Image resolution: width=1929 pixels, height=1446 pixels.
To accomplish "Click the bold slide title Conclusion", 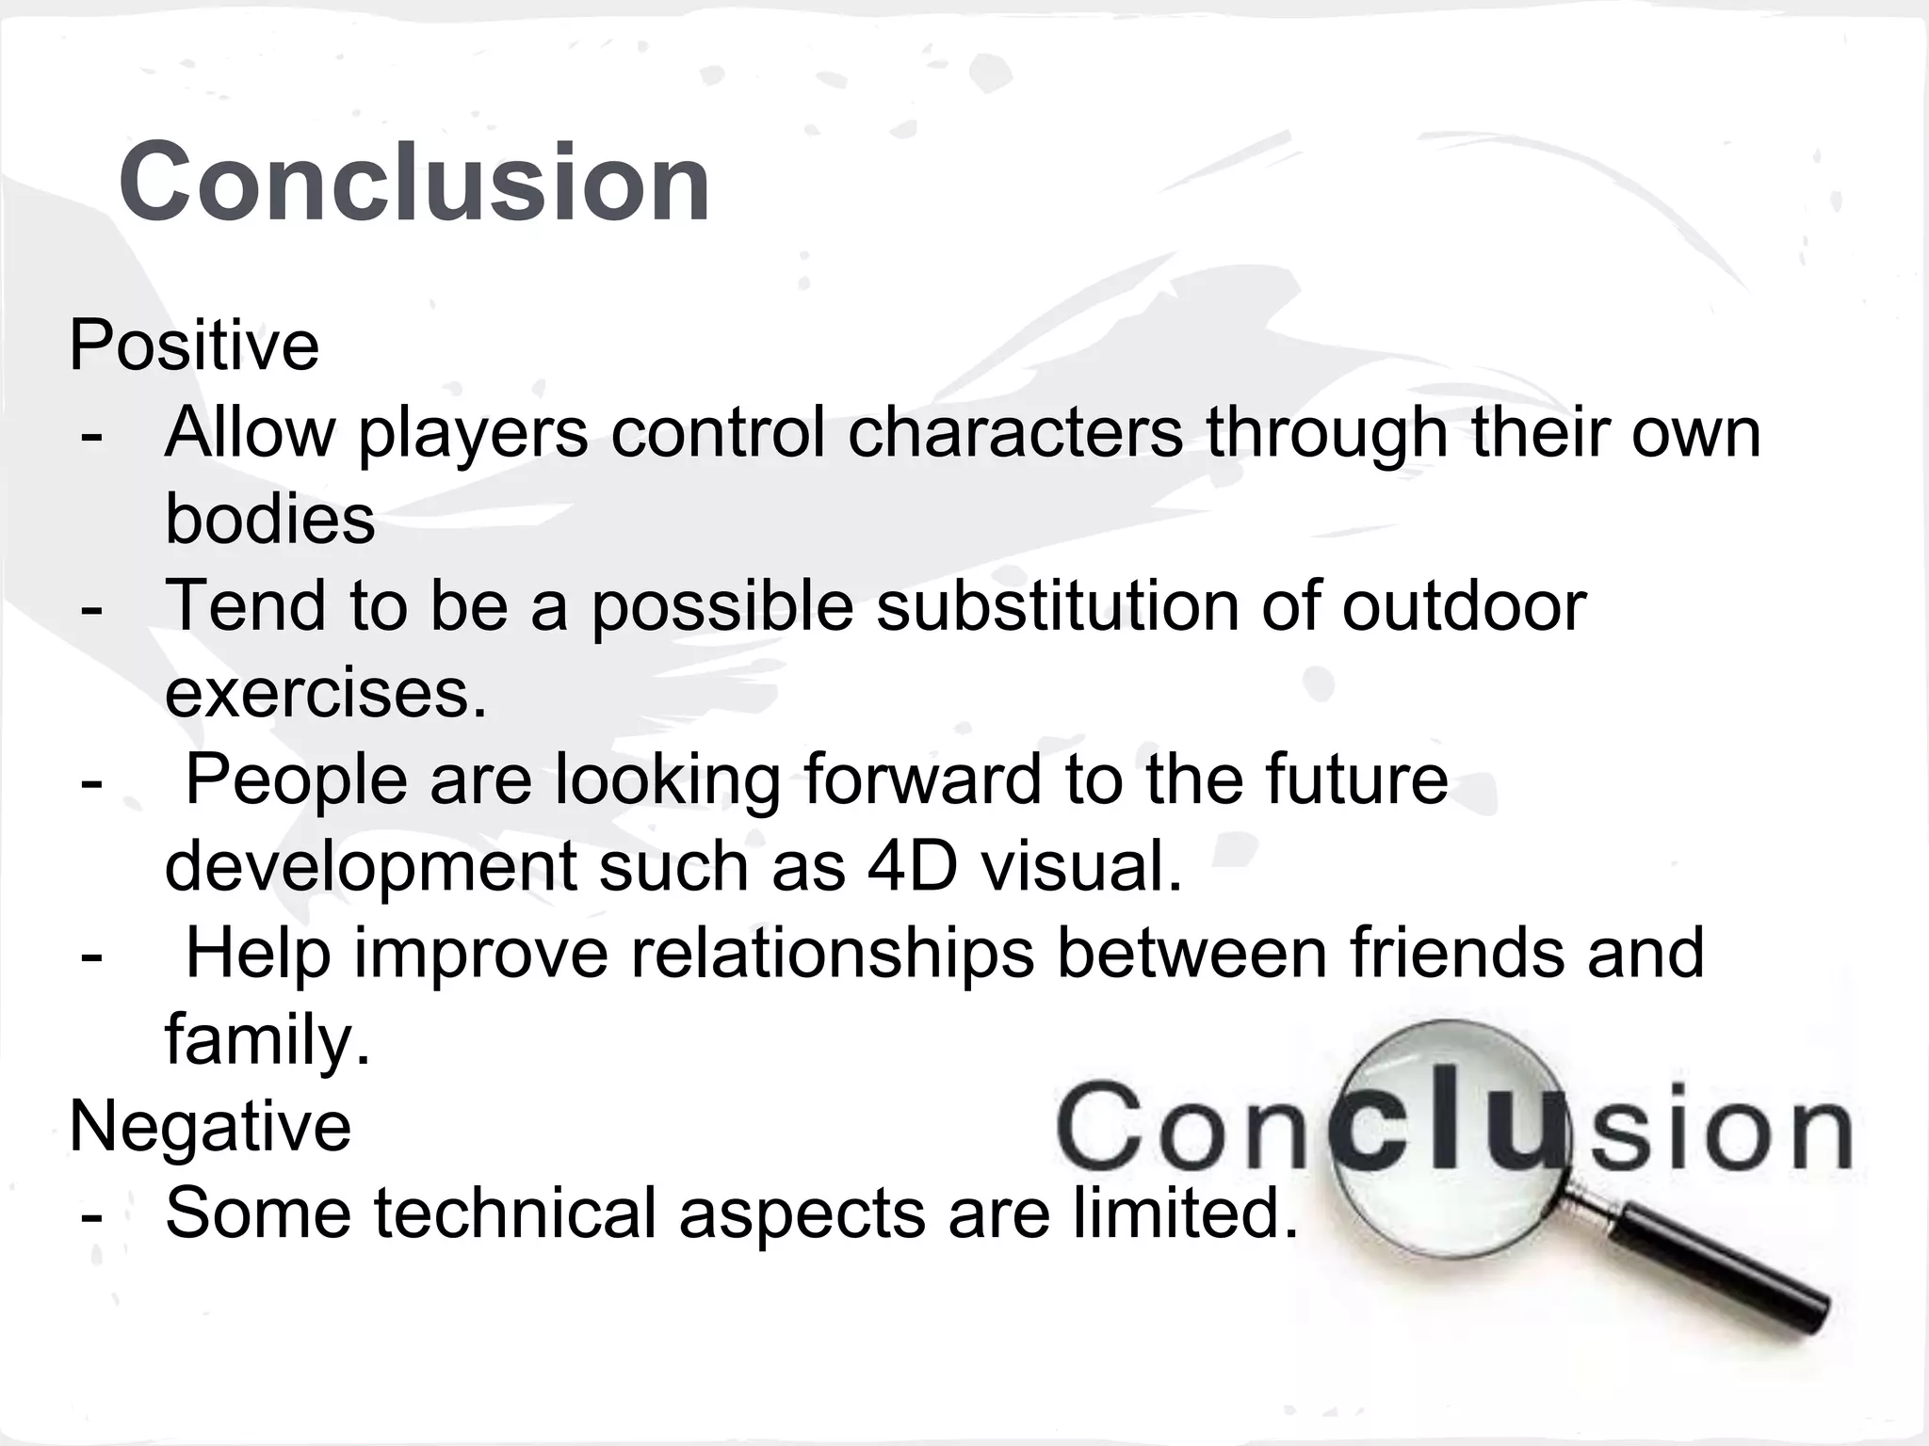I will coord(414,181).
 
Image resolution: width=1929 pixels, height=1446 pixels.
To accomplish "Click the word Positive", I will coord(194,345).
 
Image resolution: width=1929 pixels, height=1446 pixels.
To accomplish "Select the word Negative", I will coord(210,1126).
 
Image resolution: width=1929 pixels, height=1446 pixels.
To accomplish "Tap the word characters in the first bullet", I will coord(1014,433).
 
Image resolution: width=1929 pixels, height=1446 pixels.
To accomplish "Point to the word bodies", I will coord(269,519).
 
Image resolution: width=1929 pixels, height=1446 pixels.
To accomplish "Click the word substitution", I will coord(1057,605).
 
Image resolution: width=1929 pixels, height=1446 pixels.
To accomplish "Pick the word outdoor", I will coord(1464,605).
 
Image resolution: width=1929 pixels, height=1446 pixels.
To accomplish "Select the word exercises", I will coord(326,693).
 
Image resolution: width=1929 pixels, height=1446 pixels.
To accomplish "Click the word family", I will coord(267,1040).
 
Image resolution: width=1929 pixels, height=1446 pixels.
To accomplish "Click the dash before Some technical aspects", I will coord(91,1214).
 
